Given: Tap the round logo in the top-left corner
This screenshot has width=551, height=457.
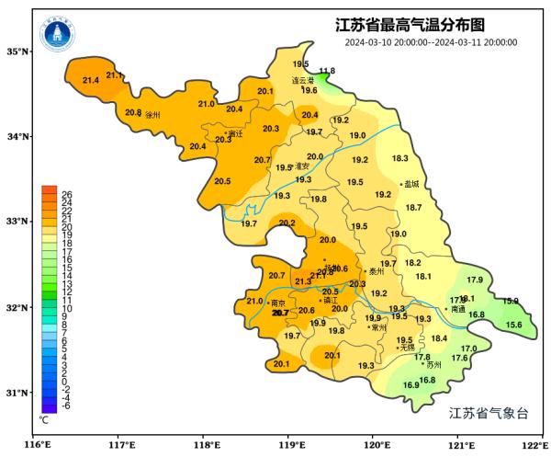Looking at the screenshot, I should tap(57, 34).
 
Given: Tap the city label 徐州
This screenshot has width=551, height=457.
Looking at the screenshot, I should tap(152, 116).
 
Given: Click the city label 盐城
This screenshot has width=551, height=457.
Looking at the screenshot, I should tap(410, 184).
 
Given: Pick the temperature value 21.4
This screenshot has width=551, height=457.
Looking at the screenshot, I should tap(91, 81).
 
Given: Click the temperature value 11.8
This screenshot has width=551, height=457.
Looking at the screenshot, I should tap(327, 71).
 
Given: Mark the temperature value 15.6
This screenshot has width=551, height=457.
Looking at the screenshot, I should tap(513, 325).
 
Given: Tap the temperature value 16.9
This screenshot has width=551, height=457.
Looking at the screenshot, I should tap(410, 385).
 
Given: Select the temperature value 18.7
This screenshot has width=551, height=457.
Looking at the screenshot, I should tap(413, 208).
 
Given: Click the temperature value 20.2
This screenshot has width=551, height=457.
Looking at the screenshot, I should tap(287, 223).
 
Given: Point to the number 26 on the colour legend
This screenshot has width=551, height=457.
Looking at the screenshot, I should tap(67, 194).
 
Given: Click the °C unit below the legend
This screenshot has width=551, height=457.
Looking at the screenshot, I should tap(43, 419).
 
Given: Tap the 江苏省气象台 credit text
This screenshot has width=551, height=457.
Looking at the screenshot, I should tap(489, 413).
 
